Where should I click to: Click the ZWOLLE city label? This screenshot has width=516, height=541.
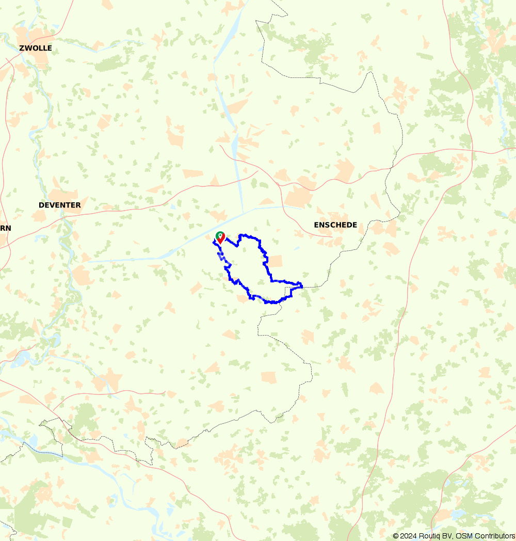[35, 48]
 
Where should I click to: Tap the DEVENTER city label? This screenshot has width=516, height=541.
[59, 205]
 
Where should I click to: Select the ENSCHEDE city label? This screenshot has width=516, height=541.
[335, 225]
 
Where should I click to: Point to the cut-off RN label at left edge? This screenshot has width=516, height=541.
[5, 228]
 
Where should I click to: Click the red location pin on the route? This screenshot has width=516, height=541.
[220, 238]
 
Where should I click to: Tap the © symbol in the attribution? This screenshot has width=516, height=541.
[396, 536]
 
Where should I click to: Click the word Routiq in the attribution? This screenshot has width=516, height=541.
[431, 536]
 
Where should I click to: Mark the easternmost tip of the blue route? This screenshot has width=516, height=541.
[302, 285]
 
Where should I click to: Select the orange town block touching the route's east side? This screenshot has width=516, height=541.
[275, 261]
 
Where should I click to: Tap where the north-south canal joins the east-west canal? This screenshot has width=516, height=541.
[243, 212]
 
